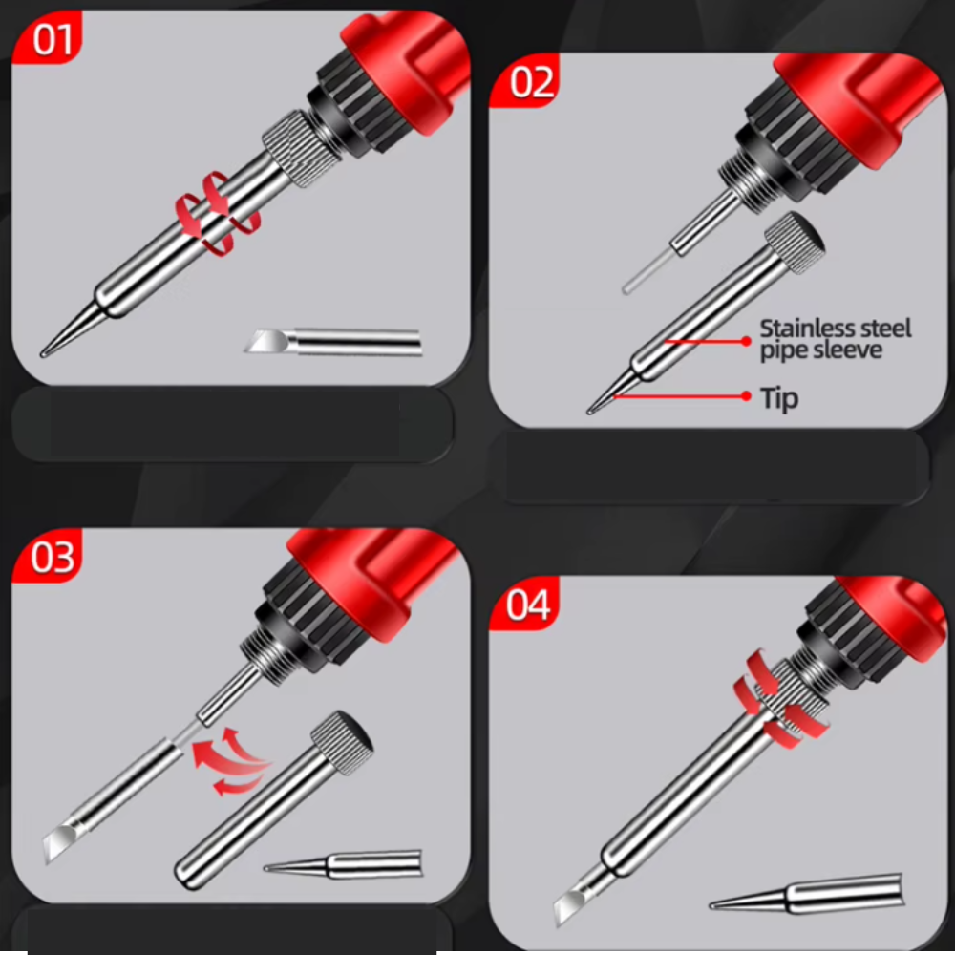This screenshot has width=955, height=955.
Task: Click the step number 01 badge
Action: click(x=48, y=38)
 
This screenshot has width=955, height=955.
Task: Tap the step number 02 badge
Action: click(x=525, y=81)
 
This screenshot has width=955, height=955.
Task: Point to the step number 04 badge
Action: click(x=525, y=605)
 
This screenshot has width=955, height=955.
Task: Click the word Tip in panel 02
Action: click(x=779, y=399)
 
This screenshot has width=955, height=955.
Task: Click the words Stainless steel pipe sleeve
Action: click(x=835, y=339)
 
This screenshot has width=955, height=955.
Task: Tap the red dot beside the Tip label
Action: click(x=746, y=396)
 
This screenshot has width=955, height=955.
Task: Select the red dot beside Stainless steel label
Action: click(x=746, y=341)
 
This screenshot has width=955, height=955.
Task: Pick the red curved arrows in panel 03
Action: click(x=228, y=758)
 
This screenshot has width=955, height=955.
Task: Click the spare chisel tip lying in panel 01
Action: click(x=332, y=342)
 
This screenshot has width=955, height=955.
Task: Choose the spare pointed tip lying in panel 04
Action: click(x=806, y=895)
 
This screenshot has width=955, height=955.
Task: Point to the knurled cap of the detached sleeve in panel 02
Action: click(x=795, y=243)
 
